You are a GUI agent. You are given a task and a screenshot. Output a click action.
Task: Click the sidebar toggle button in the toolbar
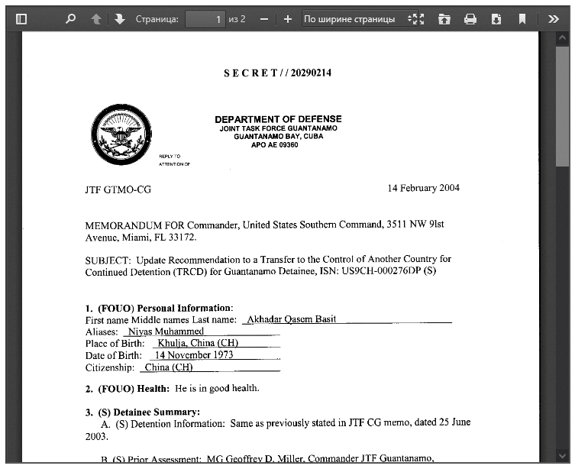pyautogui.click(x=21, y=19)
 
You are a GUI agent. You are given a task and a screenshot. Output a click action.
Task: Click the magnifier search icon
pyautogui.click(x=71, y=19)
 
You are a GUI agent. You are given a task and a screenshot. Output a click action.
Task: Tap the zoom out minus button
pyautogui.click(x=263, y=19)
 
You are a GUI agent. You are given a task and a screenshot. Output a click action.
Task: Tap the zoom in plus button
pyautogui.click(x=287, y=19)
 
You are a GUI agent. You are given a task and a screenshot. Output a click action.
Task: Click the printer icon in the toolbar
pyautogui.click(x=470, y=19)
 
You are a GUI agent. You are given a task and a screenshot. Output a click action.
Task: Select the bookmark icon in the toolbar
pyautogui.click(x=522, y=19)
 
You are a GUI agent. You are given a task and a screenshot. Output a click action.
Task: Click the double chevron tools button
pyautogui.click(x=553, y=19)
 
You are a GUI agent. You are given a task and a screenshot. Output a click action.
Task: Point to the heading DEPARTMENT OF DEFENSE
pyautogui.click(x=278, y=119)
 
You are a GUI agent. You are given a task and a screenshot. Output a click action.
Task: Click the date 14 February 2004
pyautogui.click(x=423, y=188)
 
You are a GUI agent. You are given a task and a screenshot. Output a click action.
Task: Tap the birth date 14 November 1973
pyautogui.click(x=194, y=354)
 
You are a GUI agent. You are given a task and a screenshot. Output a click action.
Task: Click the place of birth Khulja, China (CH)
pyautogui.click(x=197, y=343)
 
